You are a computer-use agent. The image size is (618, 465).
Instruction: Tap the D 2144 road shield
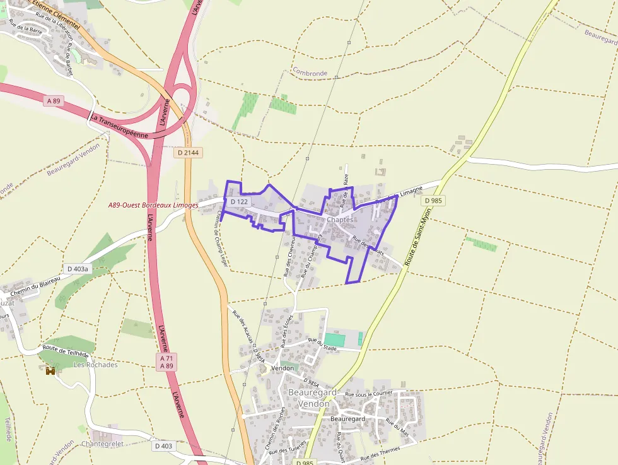coord(187,153)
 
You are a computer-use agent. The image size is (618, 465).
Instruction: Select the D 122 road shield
coord(239,201)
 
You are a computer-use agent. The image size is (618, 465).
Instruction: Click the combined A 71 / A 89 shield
coord(166,362)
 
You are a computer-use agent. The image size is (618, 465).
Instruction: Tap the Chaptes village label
coord(344,220)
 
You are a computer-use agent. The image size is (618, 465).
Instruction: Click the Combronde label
coord(310,73)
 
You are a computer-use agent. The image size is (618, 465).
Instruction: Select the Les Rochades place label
coord(96,365)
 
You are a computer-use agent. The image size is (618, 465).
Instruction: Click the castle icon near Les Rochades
coord(50,370)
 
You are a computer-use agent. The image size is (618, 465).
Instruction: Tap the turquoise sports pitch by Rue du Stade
coord(335,339)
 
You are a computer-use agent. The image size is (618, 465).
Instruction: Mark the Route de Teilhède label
coord(66,351)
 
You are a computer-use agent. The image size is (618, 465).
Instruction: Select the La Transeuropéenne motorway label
coord(119,126)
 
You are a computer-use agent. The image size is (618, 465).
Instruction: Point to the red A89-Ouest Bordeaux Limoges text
coord(153,205)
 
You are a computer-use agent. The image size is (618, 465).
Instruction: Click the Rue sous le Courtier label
coord(370,394)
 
